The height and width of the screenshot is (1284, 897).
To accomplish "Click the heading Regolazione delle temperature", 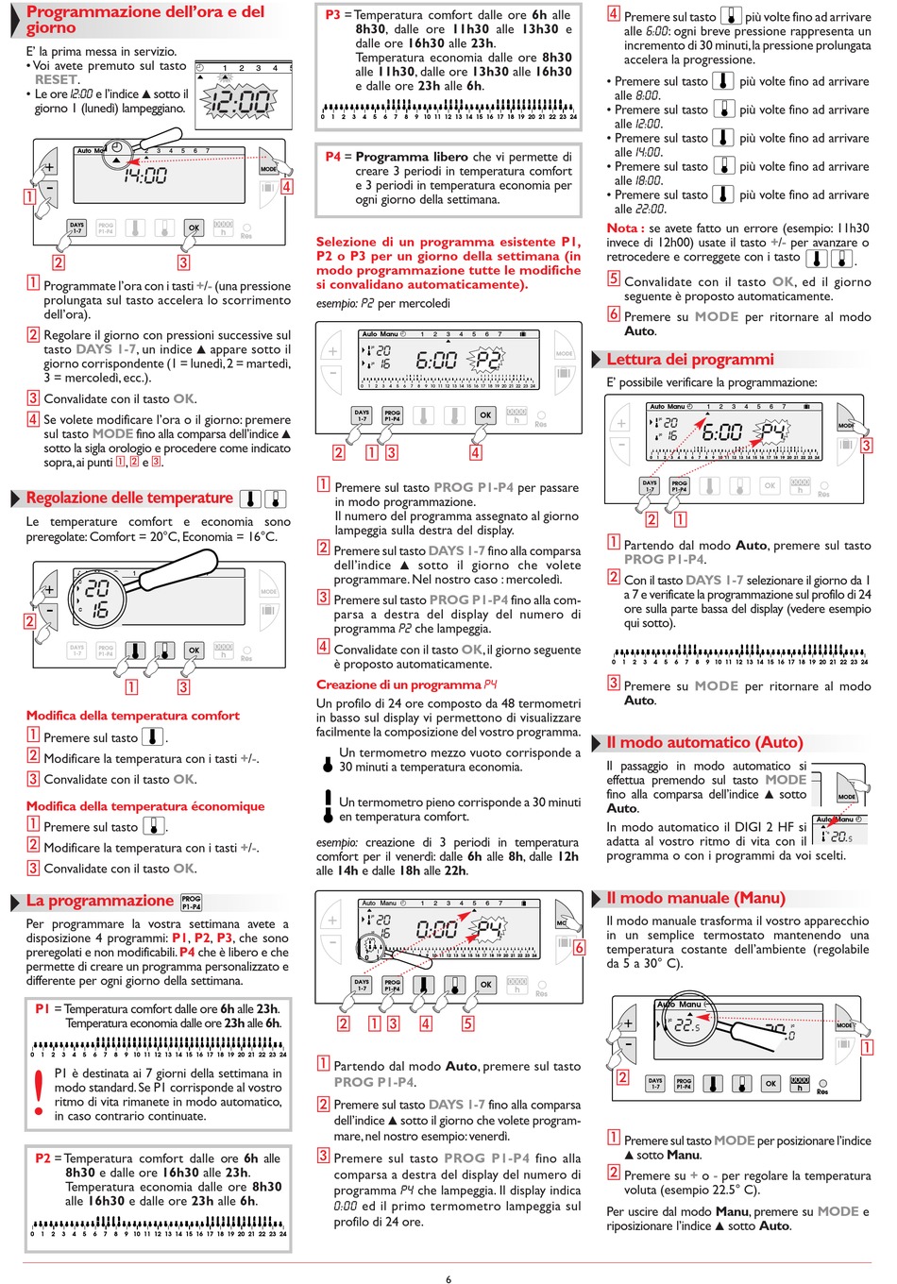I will [x=129, y=498].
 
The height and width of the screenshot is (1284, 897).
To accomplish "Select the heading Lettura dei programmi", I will [x=690, y=360].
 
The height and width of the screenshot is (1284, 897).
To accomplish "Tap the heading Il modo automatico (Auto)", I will [x=704, y=743].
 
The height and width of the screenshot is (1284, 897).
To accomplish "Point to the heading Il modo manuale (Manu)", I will [x=695, y=898].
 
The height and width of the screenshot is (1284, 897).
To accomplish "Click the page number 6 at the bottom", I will [x=448, y=1279].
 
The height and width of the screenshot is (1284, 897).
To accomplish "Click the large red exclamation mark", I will [x=39, y=1092].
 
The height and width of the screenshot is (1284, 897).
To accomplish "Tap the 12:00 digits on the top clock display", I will [x=239, y=101].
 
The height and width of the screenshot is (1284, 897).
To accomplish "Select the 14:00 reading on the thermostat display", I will [x=145, y=175].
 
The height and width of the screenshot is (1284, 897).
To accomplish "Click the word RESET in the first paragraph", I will [x=57, y=80].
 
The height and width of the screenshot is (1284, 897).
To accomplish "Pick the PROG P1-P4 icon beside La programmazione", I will [x=192, y=903].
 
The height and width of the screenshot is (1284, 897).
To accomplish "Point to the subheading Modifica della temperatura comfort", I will [x=132, y=716].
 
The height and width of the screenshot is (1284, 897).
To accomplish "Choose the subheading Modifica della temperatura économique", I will [x=145, y=806].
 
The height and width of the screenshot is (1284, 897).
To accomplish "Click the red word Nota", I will [x=622, y=228].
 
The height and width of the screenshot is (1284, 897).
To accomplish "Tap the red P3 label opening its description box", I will [x=332, y=15].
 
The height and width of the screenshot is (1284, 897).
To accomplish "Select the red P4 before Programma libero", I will [x=332, y=157].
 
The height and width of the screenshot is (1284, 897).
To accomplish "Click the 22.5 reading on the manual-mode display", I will [x=687, y=1025].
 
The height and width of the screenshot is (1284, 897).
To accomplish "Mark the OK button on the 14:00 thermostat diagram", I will [x=194, y=228].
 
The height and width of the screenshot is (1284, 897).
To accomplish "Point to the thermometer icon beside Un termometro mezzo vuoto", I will [x=327, y=760].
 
